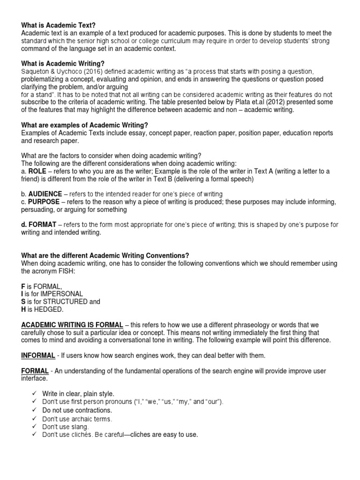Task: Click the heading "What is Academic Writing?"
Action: tap(63, 63)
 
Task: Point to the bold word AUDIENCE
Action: tap(45, 194)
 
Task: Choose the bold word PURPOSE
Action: tap(44, 202)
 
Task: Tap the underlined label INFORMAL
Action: tap(38, 355)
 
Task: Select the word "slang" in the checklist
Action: tap(81, 427)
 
